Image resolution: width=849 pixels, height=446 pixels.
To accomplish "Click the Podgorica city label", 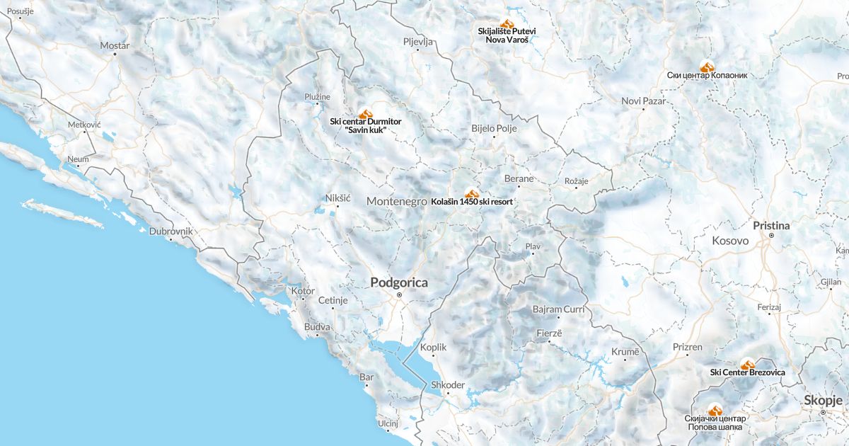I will point(399,282).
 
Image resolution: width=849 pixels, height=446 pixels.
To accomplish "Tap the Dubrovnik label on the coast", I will point(171,231).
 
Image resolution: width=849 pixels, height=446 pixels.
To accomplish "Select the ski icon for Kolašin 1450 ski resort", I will point(472,193).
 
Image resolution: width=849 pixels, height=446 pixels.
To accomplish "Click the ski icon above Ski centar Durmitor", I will point(366,113).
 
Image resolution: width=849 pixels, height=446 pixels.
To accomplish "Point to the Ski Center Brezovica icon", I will point(748,364).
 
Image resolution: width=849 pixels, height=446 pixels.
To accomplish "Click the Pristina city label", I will point(771,225).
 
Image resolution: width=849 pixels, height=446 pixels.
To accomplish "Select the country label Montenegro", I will point(397,201).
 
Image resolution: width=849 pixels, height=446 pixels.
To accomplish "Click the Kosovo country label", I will point(730,241).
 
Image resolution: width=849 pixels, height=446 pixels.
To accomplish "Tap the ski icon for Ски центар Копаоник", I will point(706,66).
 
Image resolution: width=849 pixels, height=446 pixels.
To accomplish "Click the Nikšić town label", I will point(337,198).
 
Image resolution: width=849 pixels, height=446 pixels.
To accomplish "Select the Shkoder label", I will point(448,385).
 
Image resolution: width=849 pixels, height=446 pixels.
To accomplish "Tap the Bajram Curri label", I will point(558,309).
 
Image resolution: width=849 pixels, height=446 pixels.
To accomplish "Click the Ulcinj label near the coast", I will point(388,423).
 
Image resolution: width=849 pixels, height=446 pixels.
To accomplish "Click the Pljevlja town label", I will point(417,42).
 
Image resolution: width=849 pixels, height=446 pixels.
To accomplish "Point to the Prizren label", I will point(688,347).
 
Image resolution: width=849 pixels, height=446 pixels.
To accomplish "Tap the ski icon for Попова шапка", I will point(715,410).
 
